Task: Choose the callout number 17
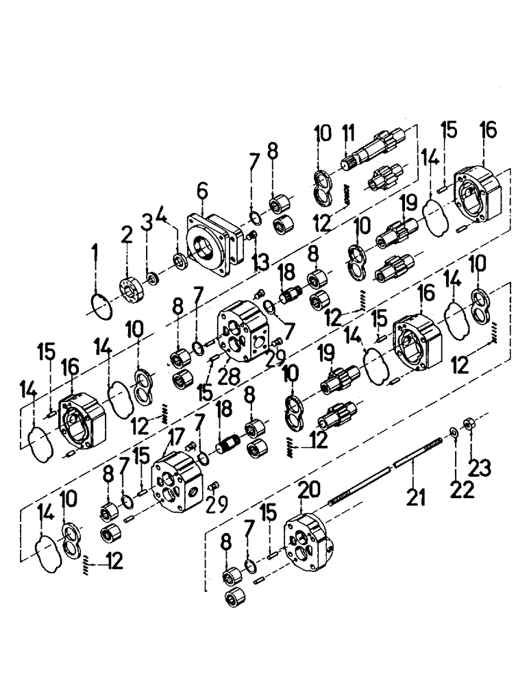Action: pyautogui.click(x=175, y=436)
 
